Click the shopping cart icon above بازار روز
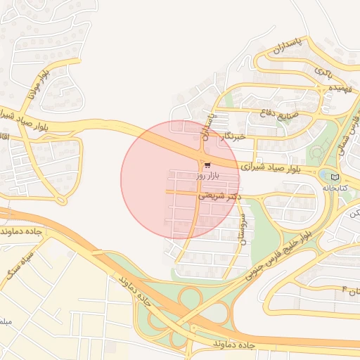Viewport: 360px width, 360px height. pyautogui.click(x=207, y=165)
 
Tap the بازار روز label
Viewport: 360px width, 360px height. pyautogui.click(x=208, y=174)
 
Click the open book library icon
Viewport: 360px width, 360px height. pyautogui.click(x=334, y=176)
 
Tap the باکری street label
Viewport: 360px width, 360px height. pyautogui.click(x=323, y=72)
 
